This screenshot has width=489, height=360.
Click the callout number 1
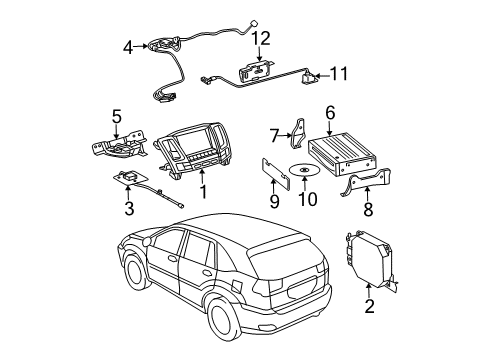click(204, 189)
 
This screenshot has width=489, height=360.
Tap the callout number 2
click(369, 307)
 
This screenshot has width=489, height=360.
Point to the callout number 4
click(128, 46)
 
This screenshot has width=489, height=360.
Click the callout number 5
click(116, 117)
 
